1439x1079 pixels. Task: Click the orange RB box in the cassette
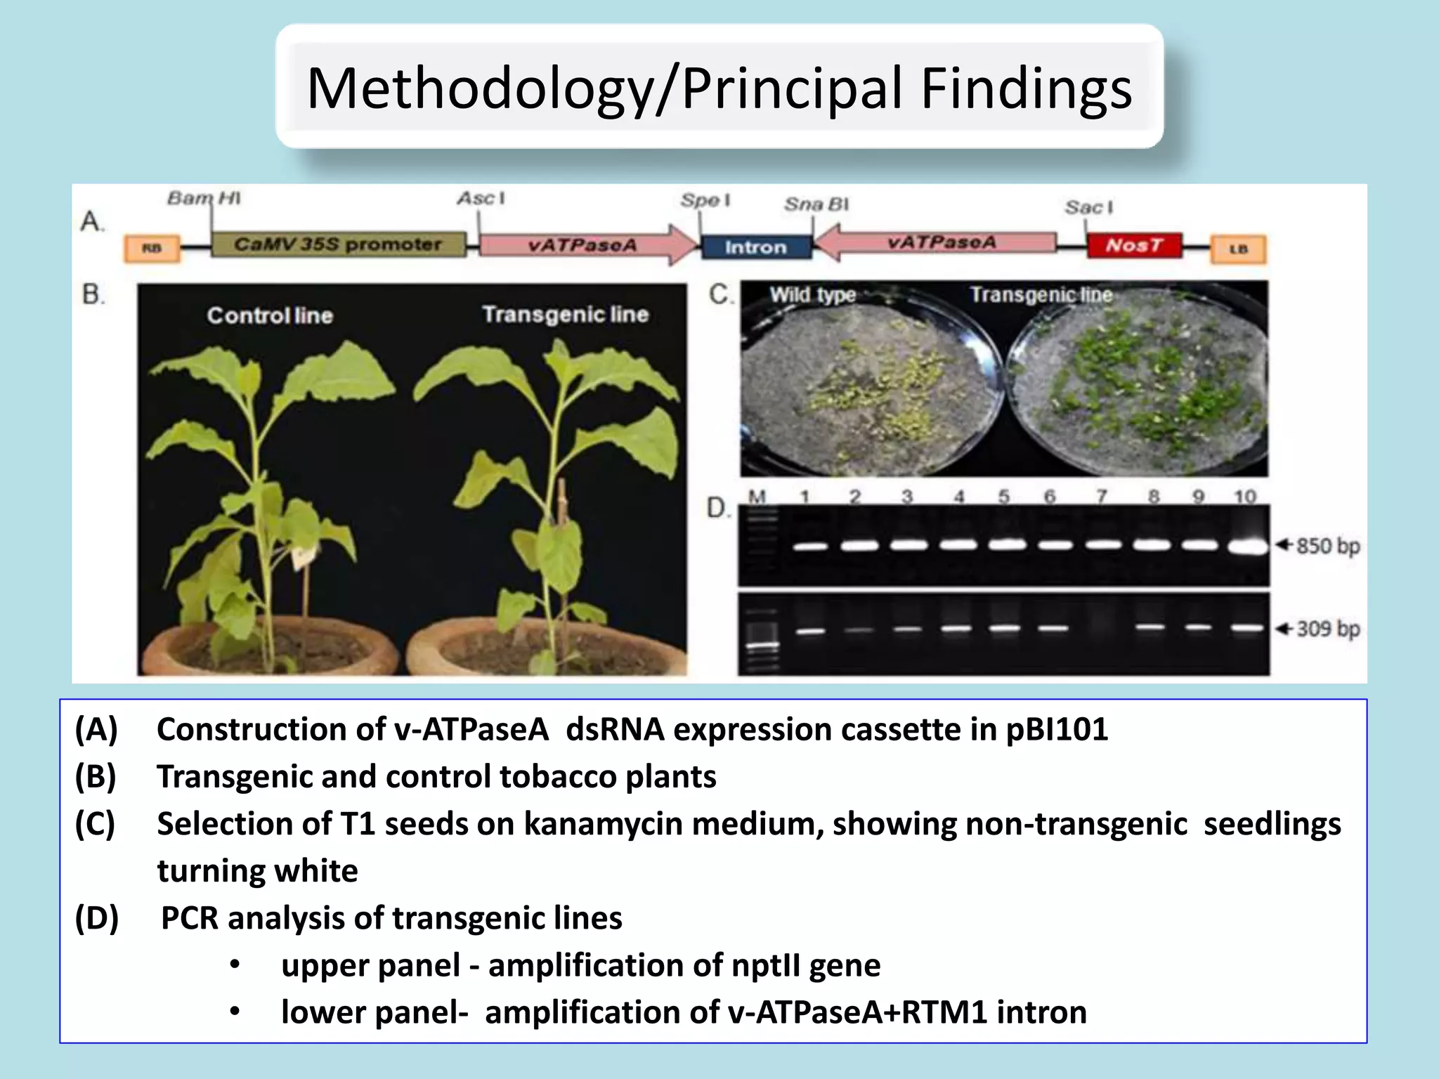152,249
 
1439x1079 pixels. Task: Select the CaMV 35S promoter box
338,244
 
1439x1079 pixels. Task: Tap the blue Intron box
756,247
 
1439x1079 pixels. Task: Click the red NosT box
1133,245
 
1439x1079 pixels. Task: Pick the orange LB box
1238,249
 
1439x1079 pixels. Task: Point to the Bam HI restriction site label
203,198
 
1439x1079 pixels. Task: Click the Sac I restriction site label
1088,207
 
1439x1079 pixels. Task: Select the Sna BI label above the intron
816,204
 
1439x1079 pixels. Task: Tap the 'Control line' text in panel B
269,315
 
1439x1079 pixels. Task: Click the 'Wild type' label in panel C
812,294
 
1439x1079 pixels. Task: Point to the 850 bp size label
1327,546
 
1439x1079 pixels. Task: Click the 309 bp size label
1327,629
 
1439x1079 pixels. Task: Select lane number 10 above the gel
1244,497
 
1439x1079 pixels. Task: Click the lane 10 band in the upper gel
1247,547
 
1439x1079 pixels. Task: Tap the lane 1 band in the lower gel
810,632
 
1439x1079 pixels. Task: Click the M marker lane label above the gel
757,496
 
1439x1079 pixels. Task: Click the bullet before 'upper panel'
235,965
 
